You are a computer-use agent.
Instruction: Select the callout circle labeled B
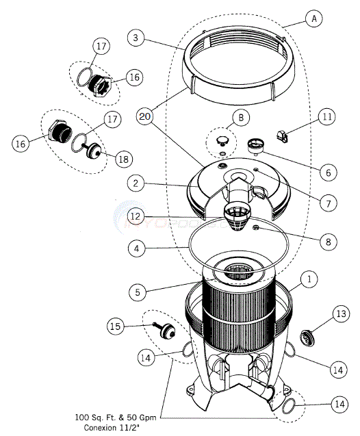tap(240, 118)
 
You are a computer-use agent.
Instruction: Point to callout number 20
tap(144, 117)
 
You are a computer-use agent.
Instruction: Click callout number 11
tap(327, 117)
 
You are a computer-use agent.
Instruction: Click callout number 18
tap(124, 159)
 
